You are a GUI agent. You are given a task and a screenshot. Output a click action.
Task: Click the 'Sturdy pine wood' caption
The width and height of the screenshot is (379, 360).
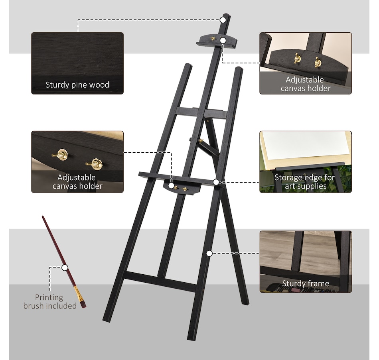77,85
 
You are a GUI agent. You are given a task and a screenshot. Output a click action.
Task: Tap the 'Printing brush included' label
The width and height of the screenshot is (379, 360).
49,301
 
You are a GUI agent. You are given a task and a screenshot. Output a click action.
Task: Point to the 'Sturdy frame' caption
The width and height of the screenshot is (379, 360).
306,283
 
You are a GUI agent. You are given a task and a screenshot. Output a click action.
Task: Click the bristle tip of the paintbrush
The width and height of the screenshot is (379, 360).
83,305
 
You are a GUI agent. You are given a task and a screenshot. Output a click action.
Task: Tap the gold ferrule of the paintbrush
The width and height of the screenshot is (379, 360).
77,293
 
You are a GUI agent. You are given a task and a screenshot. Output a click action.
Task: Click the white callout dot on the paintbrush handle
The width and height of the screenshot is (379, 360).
65,268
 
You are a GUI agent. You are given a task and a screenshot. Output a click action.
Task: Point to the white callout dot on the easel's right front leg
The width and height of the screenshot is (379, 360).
209,253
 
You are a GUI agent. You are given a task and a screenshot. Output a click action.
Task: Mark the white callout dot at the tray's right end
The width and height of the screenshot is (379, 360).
216,182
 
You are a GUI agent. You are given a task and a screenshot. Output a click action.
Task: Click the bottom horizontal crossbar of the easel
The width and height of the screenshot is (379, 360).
160,281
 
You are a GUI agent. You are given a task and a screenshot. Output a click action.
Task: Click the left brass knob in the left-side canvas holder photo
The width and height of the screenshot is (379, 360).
61,154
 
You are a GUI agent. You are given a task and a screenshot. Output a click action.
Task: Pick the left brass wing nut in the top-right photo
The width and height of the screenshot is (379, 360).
297,59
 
